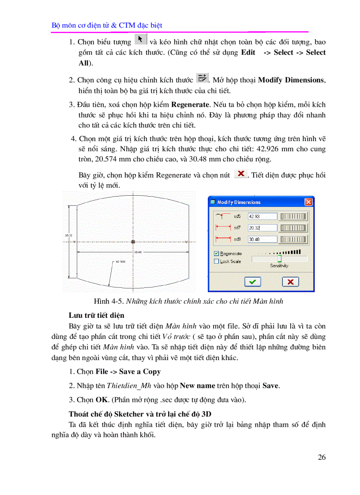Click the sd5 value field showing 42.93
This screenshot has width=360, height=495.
(x=262, y=216)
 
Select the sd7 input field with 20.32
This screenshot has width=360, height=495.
(x=262, y=228)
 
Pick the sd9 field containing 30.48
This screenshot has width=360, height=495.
(x=262, y=239)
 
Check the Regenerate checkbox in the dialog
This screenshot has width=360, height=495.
(x=216, y=253)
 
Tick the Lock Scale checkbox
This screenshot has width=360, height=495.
(x=216, y=261)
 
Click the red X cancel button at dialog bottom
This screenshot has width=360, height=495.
(x=290, y=282)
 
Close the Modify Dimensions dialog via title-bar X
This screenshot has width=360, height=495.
(x=308, y=202)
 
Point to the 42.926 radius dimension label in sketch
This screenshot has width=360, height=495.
(x=120, y=261)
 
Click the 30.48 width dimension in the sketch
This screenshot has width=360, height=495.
(x=138, y=252)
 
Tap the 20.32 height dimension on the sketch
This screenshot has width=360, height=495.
(x=68, y=235)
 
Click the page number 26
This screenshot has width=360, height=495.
(x=322, y=457)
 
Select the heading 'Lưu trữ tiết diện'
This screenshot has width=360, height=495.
(x=96, y=315)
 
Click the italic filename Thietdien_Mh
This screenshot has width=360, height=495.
(x=129, y=385)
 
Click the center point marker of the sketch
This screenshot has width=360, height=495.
(x=133, y=241)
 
